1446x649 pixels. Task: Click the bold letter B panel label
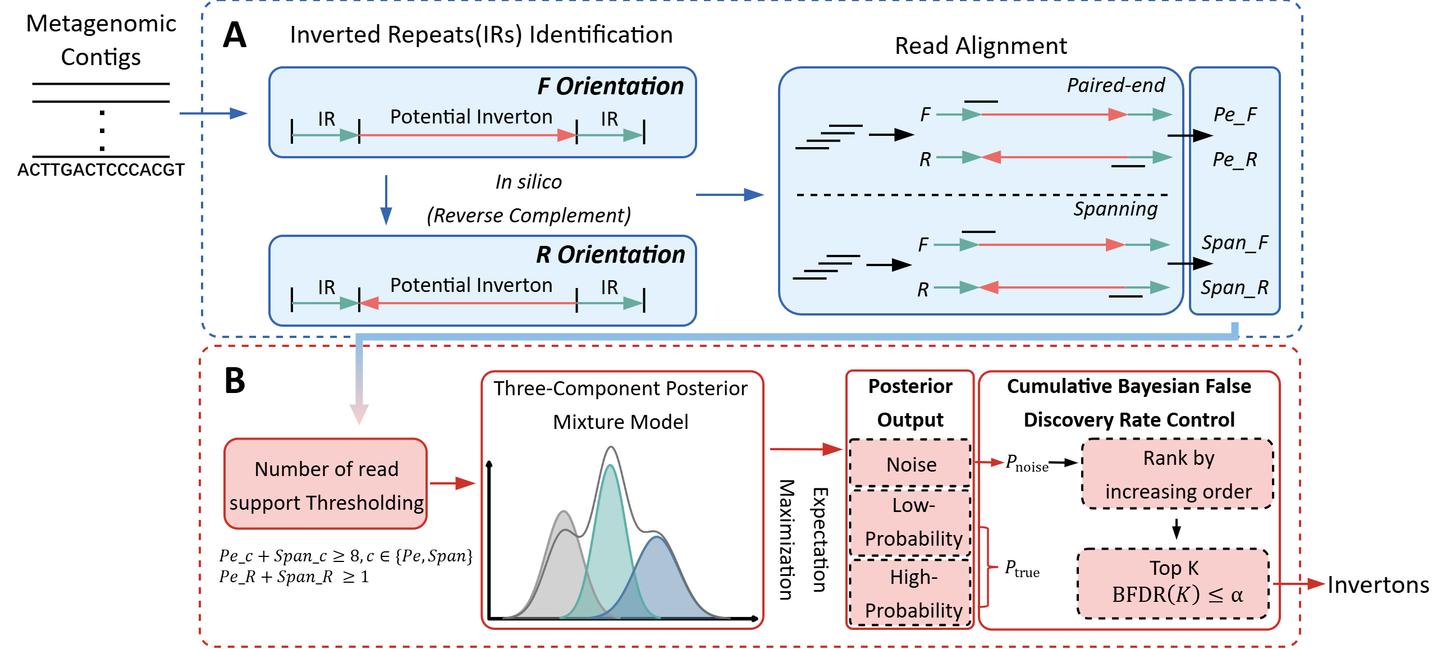(x=235, y=381)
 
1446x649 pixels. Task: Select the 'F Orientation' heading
(x=610, y=86)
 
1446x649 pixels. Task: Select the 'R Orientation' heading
(x=610, y=255)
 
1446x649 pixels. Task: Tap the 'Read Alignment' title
(x=980, y=46)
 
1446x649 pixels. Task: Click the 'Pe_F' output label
(x=1234, y=115)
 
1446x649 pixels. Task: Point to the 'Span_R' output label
(x=1234, y=287)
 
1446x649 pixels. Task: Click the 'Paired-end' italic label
(x=1115, y=85)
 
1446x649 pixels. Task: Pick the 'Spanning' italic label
(x=1115, y=209)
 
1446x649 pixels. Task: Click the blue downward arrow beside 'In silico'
(x=386, y=201)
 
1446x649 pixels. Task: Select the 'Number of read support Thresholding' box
(x=326, y=485)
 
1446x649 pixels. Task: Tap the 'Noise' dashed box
(x=910, y=464)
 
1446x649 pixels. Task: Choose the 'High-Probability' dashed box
(x=912, y=593)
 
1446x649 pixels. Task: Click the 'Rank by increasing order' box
(x=1178, y=474)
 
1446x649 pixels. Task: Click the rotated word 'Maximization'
(x=786, y=540)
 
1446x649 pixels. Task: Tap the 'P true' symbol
(x=1021, y=569)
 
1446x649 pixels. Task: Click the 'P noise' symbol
(x=1026, y=464)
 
